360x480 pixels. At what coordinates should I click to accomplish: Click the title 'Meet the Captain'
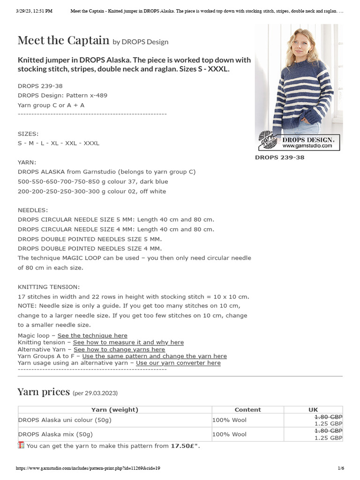click(x=63, y=40)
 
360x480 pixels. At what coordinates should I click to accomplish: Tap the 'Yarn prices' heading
click(x=44, y=392)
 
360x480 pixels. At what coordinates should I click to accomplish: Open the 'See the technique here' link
click(x=92, y=336)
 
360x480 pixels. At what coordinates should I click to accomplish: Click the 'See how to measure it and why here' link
click(x=128, y=343)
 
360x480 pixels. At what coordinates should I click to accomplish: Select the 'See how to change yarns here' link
click(x=119, y=349)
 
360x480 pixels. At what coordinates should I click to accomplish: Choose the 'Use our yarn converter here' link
click(x=178, y=363)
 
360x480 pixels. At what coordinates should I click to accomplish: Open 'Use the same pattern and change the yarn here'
click(x=154, y=356)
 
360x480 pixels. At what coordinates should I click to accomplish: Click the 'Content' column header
click(x=247, y=410)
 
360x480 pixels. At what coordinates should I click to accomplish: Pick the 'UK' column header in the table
click(x=313, y=410)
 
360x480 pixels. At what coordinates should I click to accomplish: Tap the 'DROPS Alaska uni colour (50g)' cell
click(x=65, y=420)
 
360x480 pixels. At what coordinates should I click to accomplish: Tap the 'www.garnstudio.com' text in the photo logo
click(x=307, y=146)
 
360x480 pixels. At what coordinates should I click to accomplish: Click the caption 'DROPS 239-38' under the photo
click(x=279, y=157)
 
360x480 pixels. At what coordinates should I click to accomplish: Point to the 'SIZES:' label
click(x=28, y=134)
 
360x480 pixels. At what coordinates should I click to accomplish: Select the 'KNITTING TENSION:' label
click(x=49, y=286)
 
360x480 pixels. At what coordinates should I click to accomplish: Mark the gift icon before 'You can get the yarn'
click(x=21, y=445)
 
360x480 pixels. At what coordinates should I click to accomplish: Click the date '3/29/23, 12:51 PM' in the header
click(x=34, y=10)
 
